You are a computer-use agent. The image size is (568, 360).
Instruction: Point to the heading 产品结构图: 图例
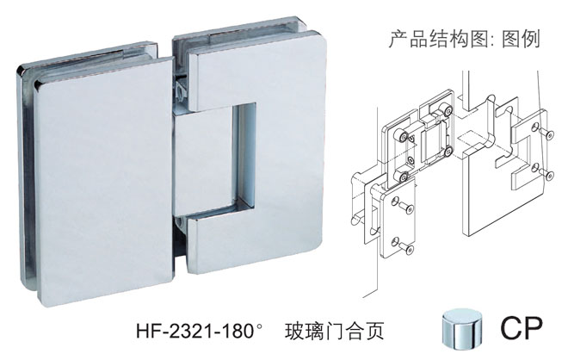(x=465, y=39)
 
